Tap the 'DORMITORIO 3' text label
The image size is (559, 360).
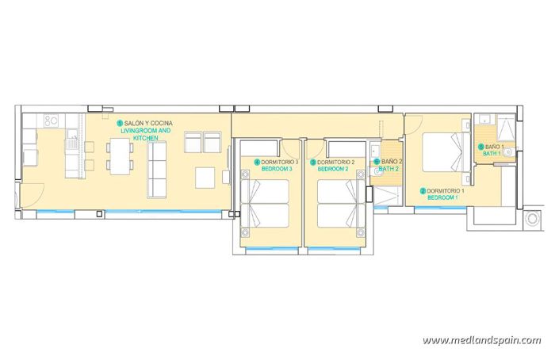click(x=278, y=162)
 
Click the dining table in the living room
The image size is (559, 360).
click(x=120, y=156)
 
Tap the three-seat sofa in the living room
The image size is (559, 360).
click(x=156, y=171)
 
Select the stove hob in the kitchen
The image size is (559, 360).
click(x=52, y=121)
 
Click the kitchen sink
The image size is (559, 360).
click(x=72, y=142)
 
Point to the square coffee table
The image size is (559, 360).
click(x=205, y=176)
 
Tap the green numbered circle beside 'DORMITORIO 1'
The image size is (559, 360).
click(x=423, y=191)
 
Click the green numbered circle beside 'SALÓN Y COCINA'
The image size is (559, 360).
click(x=120, y=123)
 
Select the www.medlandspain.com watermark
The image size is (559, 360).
click(x=481, y=340)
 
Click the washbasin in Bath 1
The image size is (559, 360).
click(x=508, y=149)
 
